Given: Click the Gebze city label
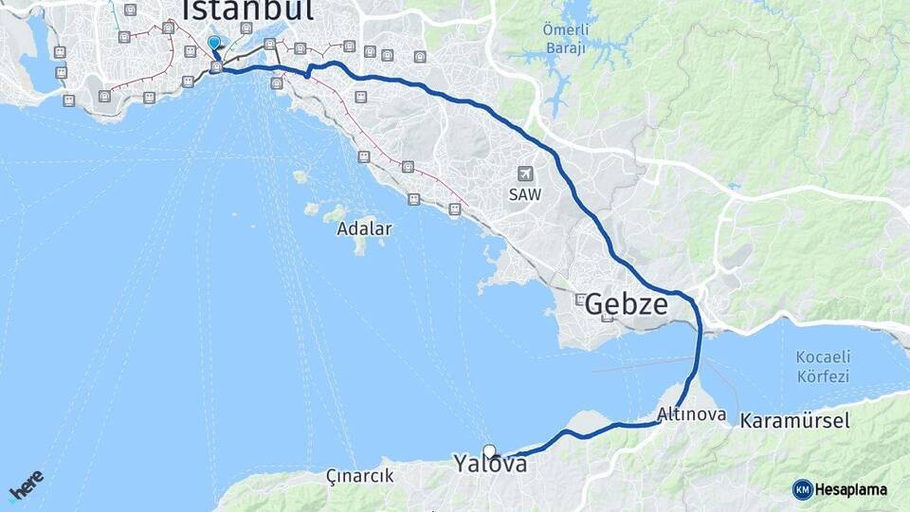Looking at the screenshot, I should pos(626,304).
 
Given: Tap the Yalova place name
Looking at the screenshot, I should pos(489,465).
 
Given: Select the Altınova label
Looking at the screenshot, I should pos(691,414).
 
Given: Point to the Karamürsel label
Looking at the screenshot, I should pos(794,420).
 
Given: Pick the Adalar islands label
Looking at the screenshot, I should pos(364,229).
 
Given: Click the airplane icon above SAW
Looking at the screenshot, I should pos(525,174).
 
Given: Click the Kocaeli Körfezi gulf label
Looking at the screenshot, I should pos(823,366).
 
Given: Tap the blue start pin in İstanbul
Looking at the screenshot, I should pos(214,43).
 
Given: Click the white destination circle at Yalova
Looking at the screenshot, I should pos(489,451).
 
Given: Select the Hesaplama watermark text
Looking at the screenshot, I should pos(851,489).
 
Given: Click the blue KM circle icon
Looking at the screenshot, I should pos(802,489).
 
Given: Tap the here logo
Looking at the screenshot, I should pos(27,485).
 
